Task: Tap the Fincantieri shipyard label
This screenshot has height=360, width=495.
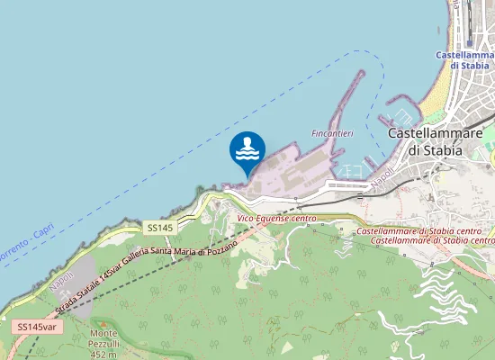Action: point(332,133)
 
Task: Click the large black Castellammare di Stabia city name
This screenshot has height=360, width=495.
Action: point(435,141)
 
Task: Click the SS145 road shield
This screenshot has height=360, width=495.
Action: point(158,229)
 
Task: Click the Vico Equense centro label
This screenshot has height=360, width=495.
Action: point(276,219)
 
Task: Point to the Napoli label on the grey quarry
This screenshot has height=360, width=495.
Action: point(62,283)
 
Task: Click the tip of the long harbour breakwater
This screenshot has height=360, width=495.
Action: point(362,73)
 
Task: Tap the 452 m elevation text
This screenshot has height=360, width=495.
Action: point(104,355)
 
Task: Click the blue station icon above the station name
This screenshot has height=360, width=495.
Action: point(469,40)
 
